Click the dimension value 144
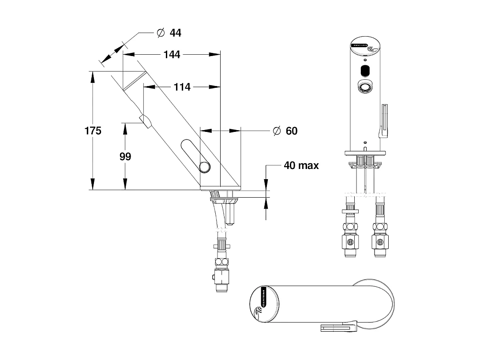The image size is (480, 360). [172, 54]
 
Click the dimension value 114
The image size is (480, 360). [182, 87]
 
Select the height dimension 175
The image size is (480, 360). [93, 131]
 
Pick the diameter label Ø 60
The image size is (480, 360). [285, 131]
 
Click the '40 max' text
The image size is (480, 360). [301, 165]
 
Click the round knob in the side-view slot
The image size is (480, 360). [205, 167]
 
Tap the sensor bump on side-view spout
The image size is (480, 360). [145, 120]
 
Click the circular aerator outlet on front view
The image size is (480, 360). [365, 87]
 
